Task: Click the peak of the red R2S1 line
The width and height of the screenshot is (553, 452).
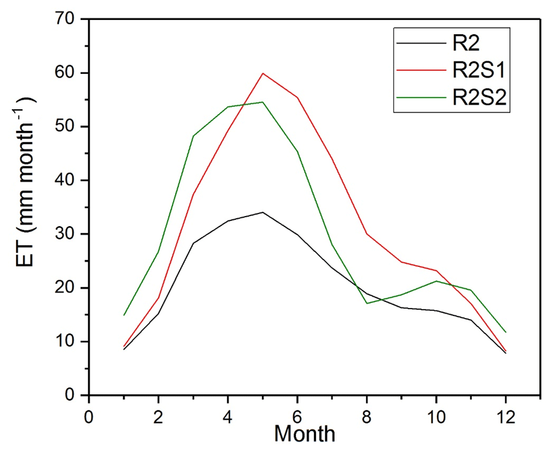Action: point(263,73)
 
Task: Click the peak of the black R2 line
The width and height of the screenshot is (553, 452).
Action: point(263,212)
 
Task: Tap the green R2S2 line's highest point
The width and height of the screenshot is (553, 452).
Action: point(263,102)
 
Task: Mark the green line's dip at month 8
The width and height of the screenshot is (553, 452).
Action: point(367,303)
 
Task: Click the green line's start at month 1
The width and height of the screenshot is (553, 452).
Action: point(124,315)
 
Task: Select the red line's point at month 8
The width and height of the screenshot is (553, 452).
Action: point(367,234)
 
